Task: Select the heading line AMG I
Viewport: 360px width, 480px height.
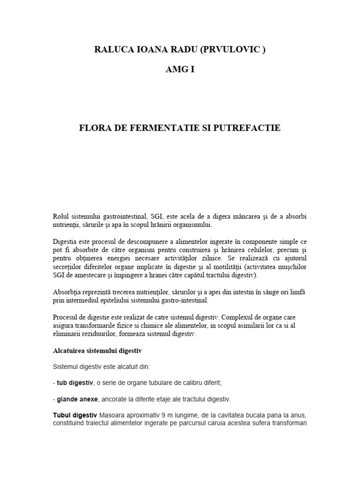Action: tap(180, 70)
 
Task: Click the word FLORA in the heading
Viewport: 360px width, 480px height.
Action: tap(93, 127)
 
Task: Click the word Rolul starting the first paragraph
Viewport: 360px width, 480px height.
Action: tap(61, 216)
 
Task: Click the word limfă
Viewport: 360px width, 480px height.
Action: tap(298, 292)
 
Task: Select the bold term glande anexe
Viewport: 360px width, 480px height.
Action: tap(77, 400)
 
